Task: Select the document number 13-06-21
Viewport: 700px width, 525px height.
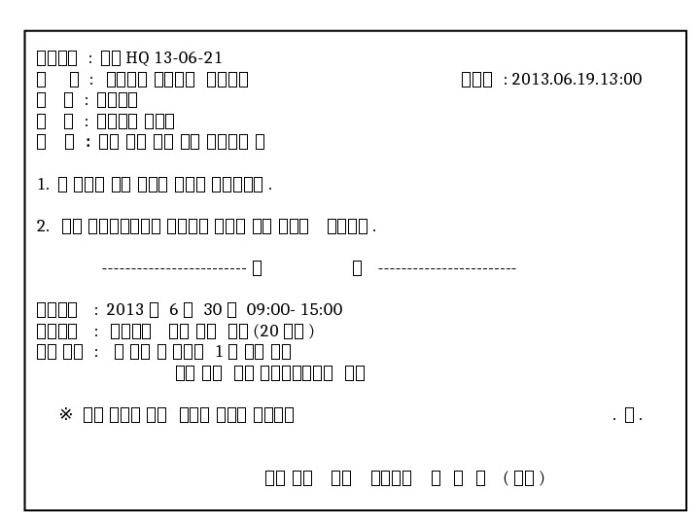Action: (x=189, y=58)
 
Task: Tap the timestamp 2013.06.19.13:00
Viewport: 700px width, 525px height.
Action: (x=577, y=80)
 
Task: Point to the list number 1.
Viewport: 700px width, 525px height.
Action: (x=42, y=184)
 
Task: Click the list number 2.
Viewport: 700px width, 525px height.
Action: (x=42, y=227)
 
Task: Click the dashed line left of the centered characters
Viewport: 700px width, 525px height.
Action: (x=173, y=268)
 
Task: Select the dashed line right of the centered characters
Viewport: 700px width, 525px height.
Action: (x=446, y=268)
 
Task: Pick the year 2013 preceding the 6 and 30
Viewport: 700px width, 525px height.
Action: (x=124, y=310)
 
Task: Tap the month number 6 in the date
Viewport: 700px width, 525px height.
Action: (x=173, y=310)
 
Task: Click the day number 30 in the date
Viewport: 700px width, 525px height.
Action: (x=213, y=310)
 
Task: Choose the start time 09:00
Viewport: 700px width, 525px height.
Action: (x=266, y=310)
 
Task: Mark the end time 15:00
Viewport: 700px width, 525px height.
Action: (x=321, y=310)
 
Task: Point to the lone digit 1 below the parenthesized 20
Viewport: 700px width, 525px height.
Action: (x=219, y=352)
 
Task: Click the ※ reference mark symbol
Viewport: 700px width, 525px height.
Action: (x=66, y=415)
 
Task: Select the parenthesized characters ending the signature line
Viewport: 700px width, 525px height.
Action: (x=524, y=478)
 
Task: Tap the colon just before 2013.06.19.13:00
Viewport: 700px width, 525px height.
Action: (x=505, y=80)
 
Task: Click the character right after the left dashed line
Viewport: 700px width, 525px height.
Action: (x=257, y=268)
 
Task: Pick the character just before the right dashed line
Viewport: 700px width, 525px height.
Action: (x=357, y=268)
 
